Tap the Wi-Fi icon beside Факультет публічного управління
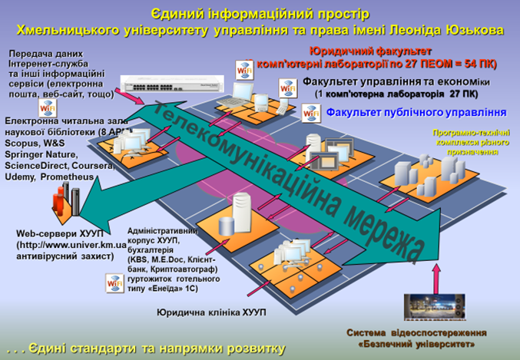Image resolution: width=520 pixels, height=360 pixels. (311, 112)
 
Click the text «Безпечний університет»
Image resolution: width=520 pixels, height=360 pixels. (418, 344)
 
